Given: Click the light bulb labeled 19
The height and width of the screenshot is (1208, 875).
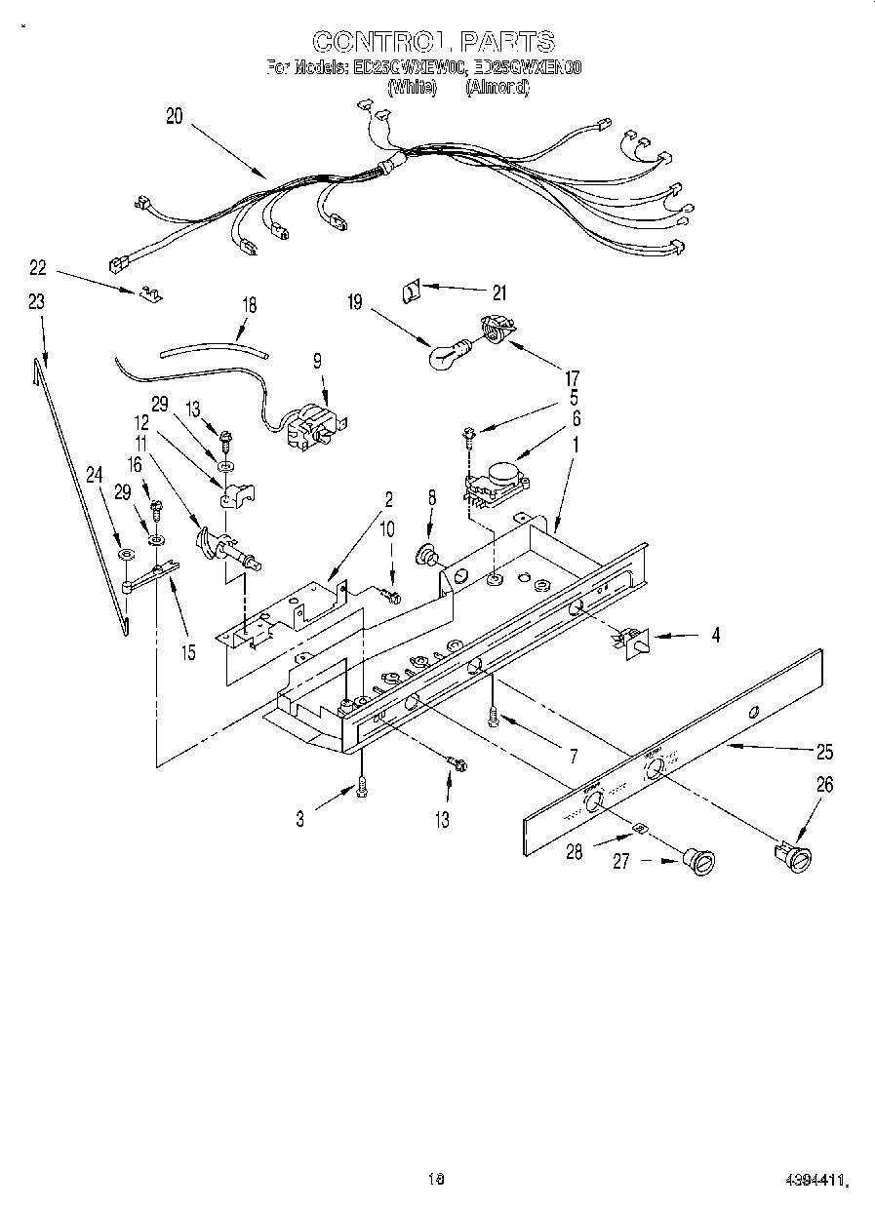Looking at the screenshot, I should point(448,355).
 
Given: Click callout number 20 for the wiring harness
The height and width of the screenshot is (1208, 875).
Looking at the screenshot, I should point(174,116).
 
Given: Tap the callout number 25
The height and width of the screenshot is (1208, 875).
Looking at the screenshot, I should point(825,752).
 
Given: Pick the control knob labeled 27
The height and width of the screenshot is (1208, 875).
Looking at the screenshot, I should point(699,859).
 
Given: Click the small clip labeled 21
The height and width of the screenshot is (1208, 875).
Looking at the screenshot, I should point(412,289).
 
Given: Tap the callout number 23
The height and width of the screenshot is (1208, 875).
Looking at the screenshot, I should point(36,302).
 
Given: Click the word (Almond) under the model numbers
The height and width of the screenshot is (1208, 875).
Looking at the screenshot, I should point(497,87).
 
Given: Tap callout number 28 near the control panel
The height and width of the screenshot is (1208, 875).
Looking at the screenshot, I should point(575,851).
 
